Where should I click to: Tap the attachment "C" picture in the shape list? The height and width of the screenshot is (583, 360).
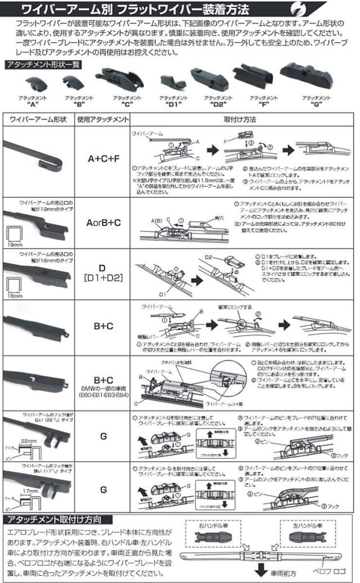click(119, 79)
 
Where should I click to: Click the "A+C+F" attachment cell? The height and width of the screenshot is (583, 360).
click(103, 159)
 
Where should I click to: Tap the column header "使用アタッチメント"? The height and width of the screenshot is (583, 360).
click(103, 120)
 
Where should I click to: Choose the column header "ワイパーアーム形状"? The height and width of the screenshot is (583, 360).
click(38, 120)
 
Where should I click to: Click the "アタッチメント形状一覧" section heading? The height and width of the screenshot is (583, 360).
click(43, 64)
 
